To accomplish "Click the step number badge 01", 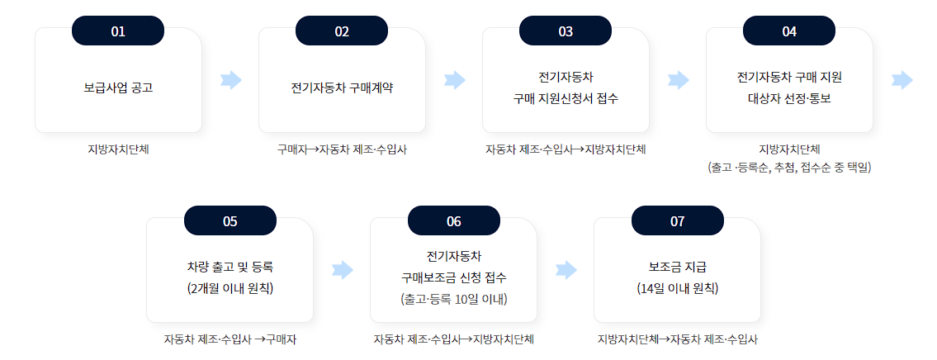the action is pyautogui.click(x=118, y=31).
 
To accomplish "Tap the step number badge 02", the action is pyautogui.click(x=342, y=31).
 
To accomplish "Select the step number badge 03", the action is pyautogui.click(x=566, y=31).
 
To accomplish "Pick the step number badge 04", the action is pyautogui.click(x=789, y=31).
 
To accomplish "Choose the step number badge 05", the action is pyautogui.click(x=230, y=221).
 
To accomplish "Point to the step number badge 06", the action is pyautogui.click(x=453, y=221).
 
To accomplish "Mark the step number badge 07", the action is pyautogui.click(x=677, y=221).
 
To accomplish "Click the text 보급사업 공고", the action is pyautogui.click(x=118, y=87).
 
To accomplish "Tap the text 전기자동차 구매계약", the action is pyautogui.click(x=342, y=87).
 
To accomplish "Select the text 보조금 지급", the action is pyautogui.click(x=677, y=267).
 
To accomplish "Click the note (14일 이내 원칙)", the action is pyautogui.click(x=677, y=288).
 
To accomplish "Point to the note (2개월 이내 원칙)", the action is pyautogui.click(x=230, y=288).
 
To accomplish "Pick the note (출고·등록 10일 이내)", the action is pyautogui.click(x=453, y=298).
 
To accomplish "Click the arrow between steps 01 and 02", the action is pyautogui.click(x=231, y=80).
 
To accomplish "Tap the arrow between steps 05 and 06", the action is pyautogui.click(x=342, y=270).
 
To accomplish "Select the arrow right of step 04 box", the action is pyautogui.click(x=902, y=80).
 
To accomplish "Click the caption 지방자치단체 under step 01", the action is pyautogui.click(x=118, y=150).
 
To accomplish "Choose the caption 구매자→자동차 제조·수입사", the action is pyautogui.click(x=342, y=150).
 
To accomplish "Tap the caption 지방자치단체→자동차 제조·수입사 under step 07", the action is pyautogui.click(x=677, y=339).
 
